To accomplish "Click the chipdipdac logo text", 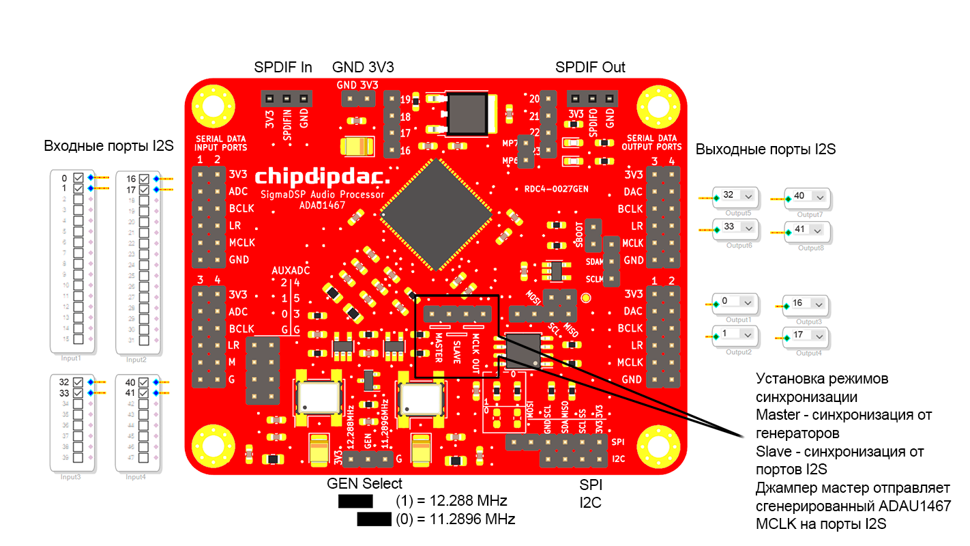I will [323, 177].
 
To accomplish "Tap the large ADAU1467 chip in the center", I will [437, 214].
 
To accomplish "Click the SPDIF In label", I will [283, 67].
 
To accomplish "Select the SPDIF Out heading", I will [590, 67].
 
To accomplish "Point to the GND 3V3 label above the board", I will [363, 67].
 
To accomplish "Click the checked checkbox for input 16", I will [144, 179].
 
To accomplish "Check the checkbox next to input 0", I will [78, 178].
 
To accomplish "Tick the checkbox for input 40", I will [144, 383].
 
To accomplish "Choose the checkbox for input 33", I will [78, 393].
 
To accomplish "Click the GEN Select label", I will [364, 483].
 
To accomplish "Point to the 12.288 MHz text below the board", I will [451, 500].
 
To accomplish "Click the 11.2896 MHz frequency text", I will [455, 519].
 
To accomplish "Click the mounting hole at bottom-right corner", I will [658, 447].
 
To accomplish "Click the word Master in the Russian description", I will [775, 414].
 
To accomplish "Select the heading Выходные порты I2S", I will [765, 149].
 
